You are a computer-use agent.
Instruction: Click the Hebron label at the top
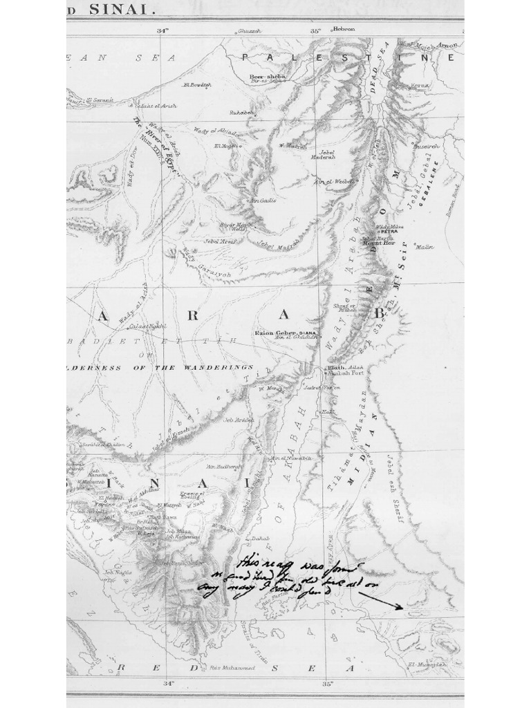point(344,29)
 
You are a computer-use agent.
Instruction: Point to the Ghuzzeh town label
point(248,31)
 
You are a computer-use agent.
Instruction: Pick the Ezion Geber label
point(275,333)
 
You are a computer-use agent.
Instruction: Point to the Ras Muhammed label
point(232,668)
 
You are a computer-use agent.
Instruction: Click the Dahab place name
point(260,537)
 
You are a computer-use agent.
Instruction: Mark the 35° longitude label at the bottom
point(326,683)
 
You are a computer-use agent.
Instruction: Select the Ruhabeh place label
point(242,113)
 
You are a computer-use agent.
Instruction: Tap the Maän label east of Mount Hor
point(425,247)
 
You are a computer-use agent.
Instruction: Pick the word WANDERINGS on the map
point(217,367)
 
